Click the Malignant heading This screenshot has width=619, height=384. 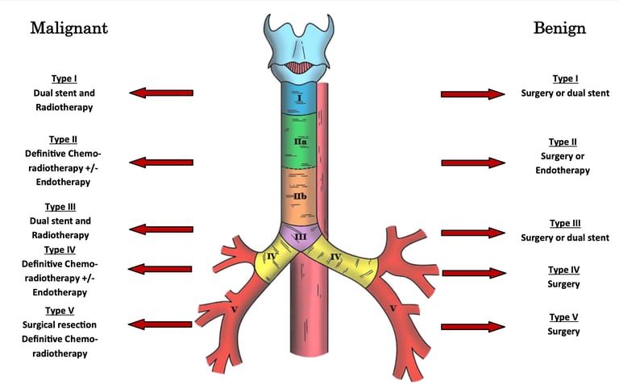tap(69, 29)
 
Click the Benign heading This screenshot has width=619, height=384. tap(559, 29)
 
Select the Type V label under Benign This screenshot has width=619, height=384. tap(564, 317)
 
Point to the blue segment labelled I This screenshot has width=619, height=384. tap(298, 98)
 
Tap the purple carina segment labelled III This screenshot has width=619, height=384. tap(299, 237)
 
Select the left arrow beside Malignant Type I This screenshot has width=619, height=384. tap(162, 93)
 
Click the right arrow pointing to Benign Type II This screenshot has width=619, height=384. tap(472, 163)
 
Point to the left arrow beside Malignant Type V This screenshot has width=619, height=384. tap(161, 324)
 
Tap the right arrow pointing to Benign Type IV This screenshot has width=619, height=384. tap(474, 273)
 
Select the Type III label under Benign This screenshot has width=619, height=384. tap(565, 224)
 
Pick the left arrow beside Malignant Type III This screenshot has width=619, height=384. tap(162, 230)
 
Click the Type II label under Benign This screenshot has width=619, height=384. tap(563, 142)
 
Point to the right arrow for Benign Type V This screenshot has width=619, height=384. tap(472, 326)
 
